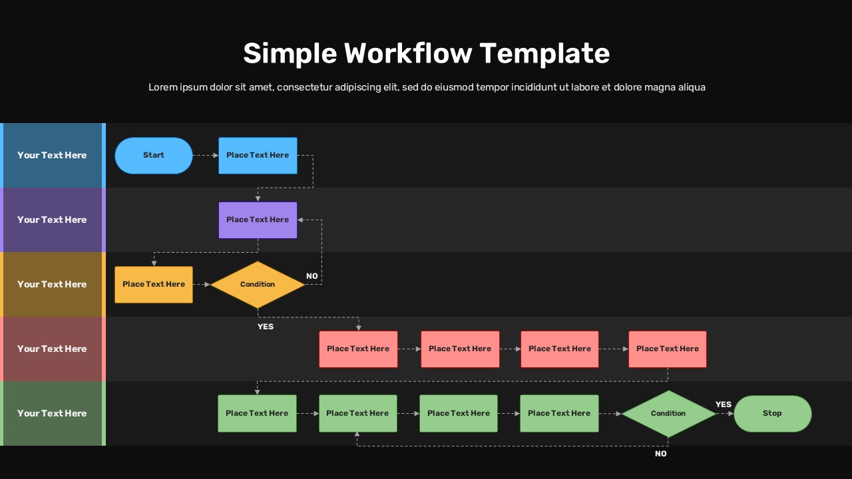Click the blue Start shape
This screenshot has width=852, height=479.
(154, 156)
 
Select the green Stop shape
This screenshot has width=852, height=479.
(772, 413)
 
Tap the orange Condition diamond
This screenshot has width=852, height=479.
(258, 285)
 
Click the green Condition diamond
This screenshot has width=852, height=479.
(668, 413)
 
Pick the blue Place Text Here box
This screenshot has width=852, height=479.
(258, 156)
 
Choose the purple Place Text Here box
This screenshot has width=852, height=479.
(258, 220)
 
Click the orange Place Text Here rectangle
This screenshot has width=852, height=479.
(154, 285)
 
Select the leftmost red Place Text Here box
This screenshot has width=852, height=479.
(358, 349)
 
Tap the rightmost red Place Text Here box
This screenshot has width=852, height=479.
(667, 349)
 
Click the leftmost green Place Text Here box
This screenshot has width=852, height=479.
(257, 413)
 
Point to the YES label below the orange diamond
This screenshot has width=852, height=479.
(266, 327)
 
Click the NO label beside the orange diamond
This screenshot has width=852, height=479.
(312, 276)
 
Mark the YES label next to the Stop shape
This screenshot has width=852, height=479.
(724, 404)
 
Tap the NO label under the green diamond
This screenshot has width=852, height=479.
(660, 454)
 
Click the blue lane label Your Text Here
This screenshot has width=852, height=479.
(52, 156)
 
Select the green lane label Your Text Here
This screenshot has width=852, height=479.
(52, 413)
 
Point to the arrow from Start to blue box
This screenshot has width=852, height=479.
(205, 156)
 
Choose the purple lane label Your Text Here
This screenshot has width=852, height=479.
(52, 220)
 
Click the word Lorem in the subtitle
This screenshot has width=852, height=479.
(163, 87)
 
